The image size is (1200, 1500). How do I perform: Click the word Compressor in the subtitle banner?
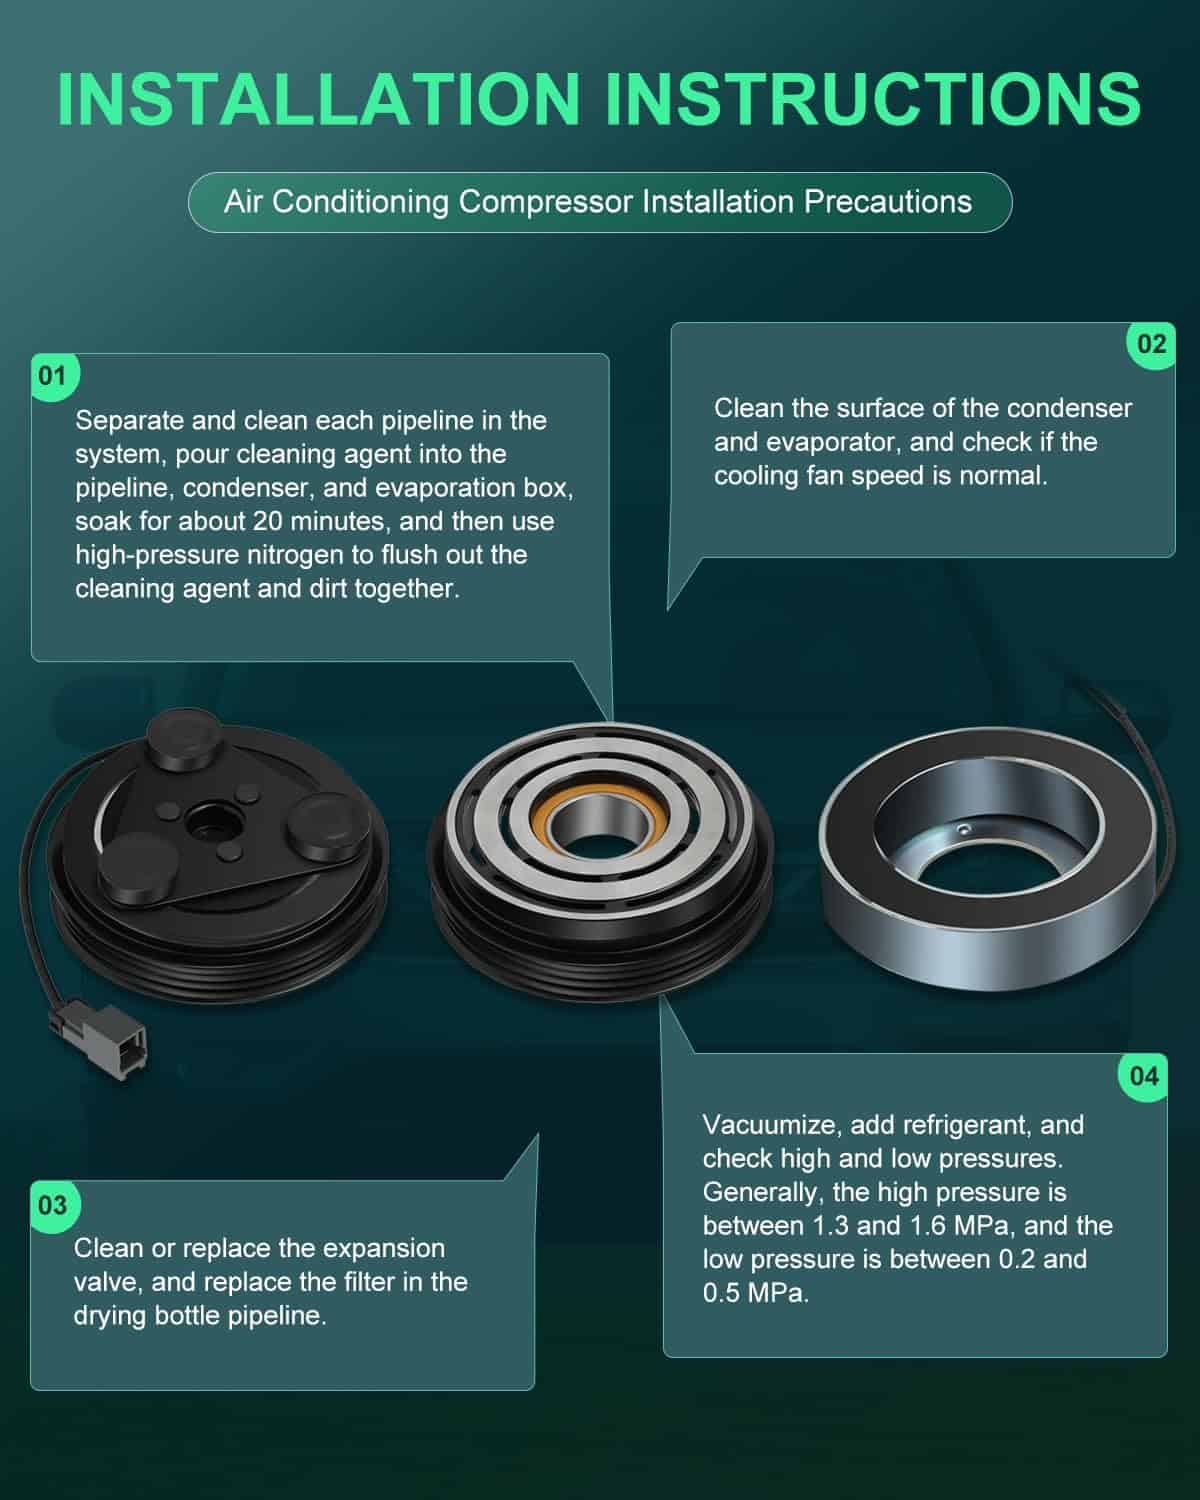pos(545,202)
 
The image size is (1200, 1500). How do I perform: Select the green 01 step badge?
pos(54,376)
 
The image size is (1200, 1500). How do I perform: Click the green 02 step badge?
pos(1151,344)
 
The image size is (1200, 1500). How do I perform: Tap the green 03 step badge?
pos(54,1205)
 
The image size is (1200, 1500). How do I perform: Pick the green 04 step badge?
pos(1144,1076)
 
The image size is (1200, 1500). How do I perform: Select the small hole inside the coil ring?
pos(964,829)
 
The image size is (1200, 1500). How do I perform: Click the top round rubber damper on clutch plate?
pos(185,740)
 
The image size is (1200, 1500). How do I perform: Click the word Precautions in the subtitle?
pos(888,202)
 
